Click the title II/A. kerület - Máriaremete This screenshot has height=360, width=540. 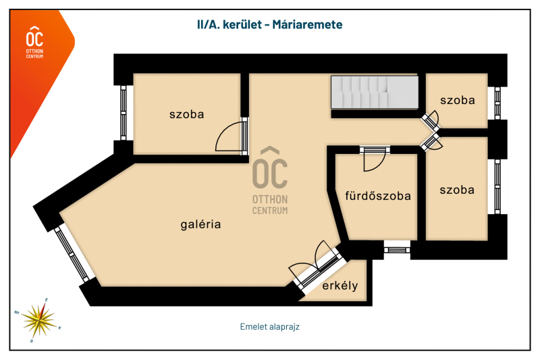coord(269,25)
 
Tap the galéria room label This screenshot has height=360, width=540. coord(200,224)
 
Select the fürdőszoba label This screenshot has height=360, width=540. coord(377,197)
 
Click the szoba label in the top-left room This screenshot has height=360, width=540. coord(186,114)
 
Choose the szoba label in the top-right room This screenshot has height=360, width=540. coord(457,100)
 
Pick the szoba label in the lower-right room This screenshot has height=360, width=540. coord(456,190)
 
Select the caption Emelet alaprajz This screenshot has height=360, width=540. coord(269,326)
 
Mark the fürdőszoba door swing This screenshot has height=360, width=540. coord(373,159)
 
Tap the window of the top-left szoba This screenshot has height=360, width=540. coord(123,110)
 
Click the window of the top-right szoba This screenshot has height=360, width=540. coord(497,102)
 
